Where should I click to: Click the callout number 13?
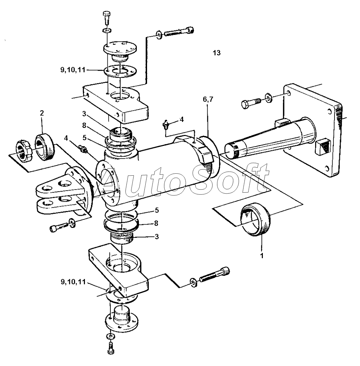coord(217,53)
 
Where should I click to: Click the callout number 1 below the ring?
coord(262,256)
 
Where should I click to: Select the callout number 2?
coord(42,113)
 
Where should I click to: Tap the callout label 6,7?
coord(208,100)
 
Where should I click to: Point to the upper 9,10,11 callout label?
coord(73,70)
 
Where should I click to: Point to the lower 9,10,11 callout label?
coord(73,282)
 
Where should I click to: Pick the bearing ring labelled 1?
coord(256,219)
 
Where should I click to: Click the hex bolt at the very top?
coord(107,18)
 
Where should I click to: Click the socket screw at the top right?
coord(179,32)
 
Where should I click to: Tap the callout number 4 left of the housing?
coord(66,138)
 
